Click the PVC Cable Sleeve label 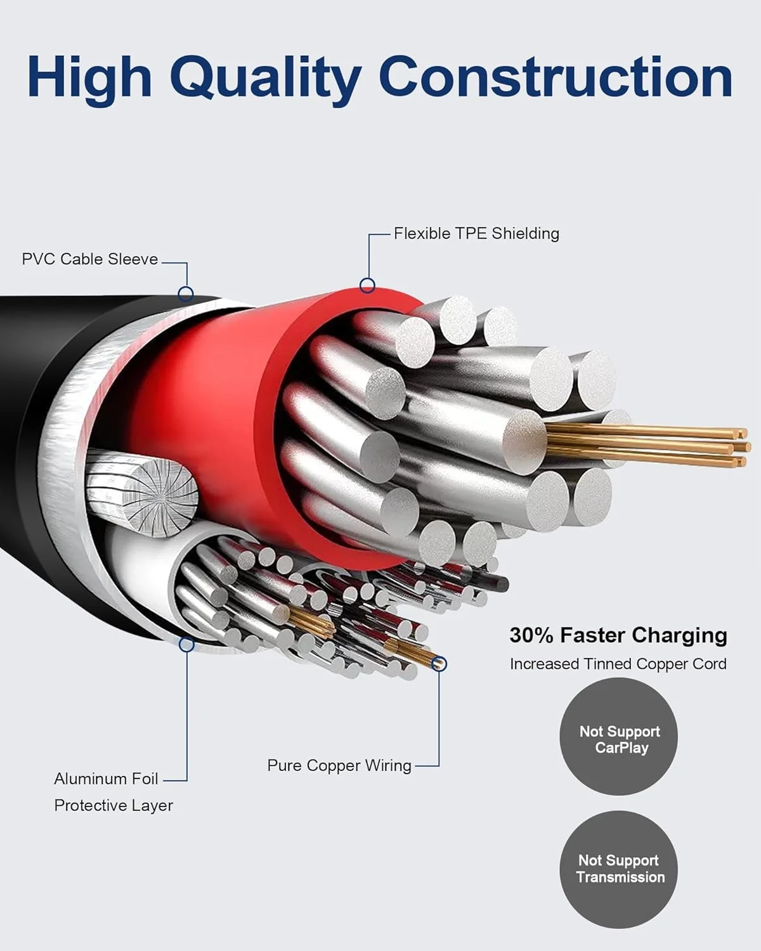click(89, 259)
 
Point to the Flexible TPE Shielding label click(476, 233)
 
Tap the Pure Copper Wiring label click(339, 765)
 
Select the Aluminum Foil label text click(106, 779)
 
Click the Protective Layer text click(114, 805)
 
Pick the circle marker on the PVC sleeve click(186, 294)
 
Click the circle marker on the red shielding click(367, 285)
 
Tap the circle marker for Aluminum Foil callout click(186, 644)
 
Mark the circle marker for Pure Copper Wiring click(438, 664)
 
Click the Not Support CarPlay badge click(619, 736)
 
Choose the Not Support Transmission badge click(619, 869)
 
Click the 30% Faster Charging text click(618, 635)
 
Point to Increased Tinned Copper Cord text click(618, 664)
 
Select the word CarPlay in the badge click(621, 747)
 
